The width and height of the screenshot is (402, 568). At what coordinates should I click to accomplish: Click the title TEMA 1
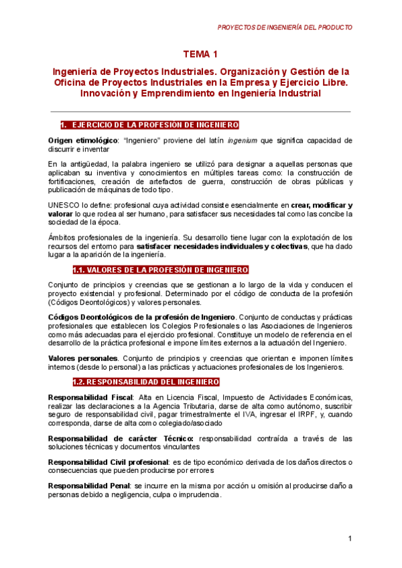(x=200, y=54)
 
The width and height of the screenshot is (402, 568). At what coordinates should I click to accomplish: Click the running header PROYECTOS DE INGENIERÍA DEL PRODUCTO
(x=285, y=27)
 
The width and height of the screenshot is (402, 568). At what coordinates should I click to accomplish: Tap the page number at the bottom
(x=350, y=540)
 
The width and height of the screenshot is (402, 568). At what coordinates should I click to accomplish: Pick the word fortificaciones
(x=72, y=182)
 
